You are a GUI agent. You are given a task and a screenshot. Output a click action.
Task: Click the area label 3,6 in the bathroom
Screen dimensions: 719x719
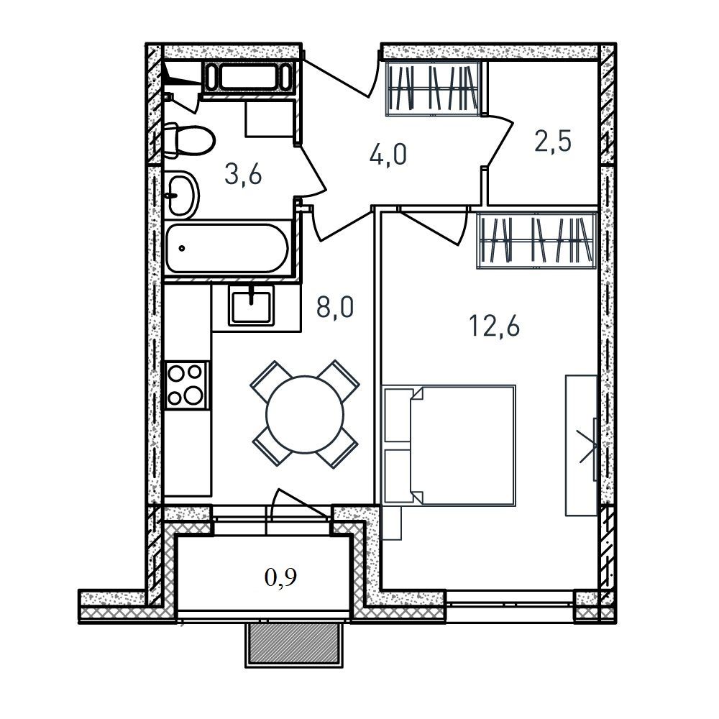pos(243,175)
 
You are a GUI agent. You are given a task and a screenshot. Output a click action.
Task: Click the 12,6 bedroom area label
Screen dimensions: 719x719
pos(495,326)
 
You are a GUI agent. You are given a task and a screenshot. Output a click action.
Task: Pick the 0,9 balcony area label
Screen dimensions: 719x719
pos(280,577)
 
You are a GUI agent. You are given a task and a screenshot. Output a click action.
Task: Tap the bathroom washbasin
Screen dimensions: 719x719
pos(181,195)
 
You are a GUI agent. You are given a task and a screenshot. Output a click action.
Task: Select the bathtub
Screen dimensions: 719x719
pos(227,248)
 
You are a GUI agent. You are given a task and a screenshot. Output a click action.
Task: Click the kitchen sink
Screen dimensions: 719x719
pos(251,304)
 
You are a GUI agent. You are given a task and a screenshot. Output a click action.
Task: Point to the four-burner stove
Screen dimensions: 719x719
pos(186,385)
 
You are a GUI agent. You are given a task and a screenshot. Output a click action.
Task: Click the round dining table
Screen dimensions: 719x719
pos(304,415)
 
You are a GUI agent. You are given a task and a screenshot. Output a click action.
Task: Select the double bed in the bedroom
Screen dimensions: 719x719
pos(449,445)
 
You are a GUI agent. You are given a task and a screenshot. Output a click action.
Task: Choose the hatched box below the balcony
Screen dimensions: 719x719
pos(294,644)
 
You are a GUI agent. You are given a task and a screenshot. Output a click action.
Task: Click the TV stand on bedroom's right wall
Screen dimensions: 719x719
pos(582,445)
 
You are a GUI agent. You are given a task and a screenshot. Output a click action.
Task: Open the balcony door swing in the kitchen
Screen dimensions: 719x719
pos(299,505)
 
